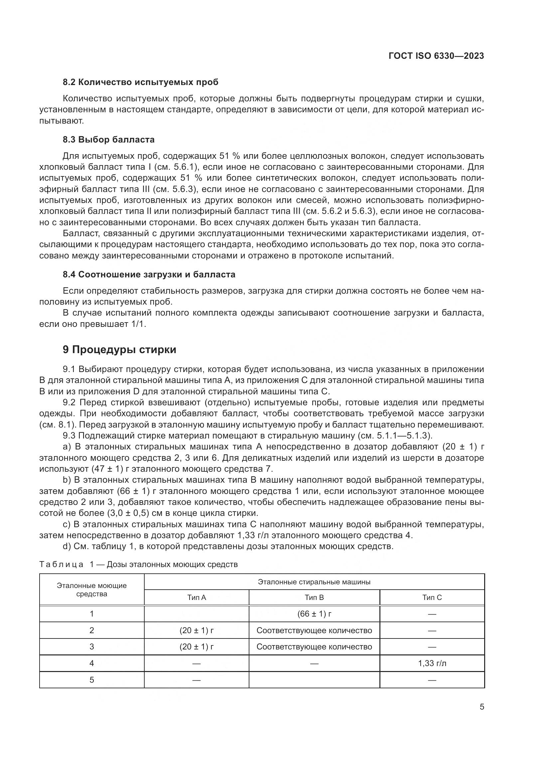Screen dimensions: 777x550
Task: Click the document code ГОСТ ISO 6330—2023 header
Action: tap(436, 56)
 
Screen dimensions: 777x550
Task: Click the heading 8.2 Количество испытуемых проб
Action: tap(141, 82)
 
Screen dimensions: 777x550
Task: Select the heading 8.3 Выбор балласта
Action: tap(108, 140)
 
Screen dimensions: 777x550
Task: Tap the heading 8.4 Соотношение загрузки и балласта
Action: tap(149, 274)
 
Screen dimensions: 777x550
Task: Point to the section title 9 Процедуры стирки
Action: tap(119, 349)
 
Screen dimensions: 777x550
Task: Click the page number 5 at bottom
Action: tap(481, 707)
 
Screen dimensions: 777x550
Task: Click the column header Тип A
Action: tap(197, 598)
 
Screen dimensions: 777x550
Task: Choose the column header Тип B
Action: tap(314, 598)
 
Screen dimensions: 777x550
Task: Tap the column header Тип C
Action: tap(432, 598)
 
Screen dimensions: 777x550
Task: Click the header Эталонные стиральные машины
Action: tap(314, 582)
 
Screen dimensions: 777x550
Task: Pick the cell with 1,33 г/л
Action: tap(432, 663)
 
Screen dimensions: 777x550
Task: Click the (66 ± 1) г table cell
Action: tap(314, 614)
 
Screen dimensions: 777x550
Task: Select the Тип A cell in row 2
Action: tap(197, 631)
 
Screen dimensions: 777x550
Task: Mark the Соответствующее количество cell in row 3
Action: tap(314, 647)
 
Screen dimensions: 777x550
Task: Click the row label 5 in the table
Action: tap(91, 680)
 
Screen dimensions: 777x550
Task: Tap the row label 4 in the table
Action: tap(91, 663)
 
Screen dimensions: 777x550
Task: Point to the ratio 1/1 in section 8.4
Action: tap(139, 324)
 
